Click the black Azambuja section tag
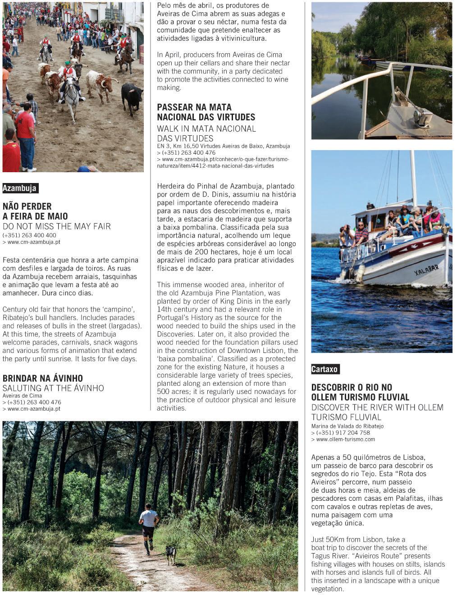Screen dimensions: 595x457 (x=20, y=188)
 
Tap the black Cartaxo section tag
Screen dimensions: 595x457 (x=324, y=369)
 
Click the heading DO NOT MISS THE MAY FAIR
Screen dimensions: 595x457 (x=57, y=226)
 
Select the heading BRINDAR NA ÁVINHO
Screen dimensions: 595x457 (x=43, y=378)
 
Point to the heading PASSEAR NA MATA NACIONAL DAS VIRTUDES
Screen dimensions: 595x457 (x=206, y=112)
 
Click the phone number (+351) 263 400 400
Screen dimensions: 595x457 (x=29, y=235)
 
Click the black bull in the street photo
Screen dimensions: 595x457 (x=132, y=96)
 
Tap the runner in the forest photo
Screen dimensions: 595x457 (x=148, y=526)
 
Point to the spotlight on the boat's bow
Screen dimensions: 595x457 (x=422, y=118)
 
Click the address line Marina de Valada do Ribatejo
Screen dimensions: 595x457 (x=347, y=426)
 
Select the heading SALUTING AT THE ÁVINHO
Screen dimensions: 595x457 (x=53, y=388)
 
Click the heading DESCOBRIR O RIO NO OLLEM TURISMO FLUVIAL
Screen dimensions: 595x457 (x=360, y=392)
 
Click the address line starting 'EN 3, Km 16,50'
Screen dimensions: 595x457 (x=224, y=146)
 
